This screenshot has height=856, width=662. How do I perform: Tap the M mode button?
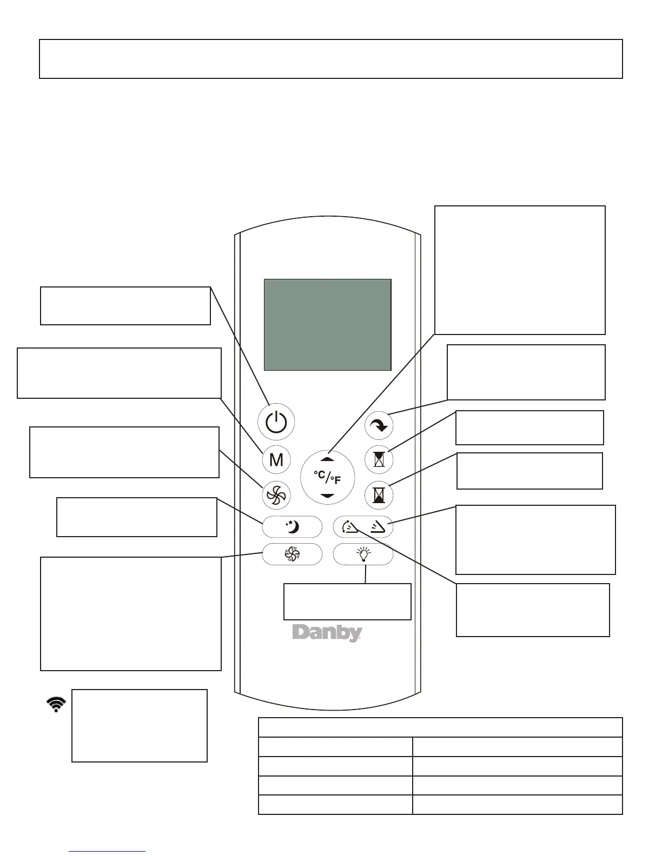276,460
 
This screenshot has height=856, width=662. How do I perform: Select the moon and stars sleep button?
292,526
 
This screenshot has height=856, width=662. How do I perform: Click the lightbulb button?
363,554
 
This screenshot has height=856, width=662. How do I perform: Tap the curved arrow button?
379,426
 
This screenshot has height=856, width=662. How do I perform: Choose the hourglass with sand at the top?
379,459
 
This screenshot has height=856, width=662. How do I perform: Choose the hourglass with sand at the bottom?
379,494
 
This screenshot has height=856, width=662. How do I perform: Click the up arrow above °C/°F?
327,459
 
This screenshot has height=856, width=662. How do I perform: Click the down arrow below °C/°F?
327,496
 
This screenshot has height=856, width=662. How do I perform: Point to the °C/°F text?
327,477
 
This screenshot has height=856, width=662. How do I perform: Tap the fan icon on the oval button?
292,554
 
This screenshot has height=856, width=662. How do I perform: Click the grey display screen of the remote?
327,324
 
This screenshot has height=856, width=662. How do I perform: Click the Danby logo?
327,633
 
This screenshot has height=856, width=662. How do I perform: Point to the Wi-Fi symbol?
56,705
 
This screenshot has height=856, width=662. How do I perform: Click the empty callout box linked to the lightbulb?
347,601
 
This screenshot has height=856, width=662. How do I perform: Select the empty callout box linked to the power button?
125,306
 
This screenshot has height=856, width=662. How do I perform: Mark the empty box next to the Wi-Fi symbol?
140,725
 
